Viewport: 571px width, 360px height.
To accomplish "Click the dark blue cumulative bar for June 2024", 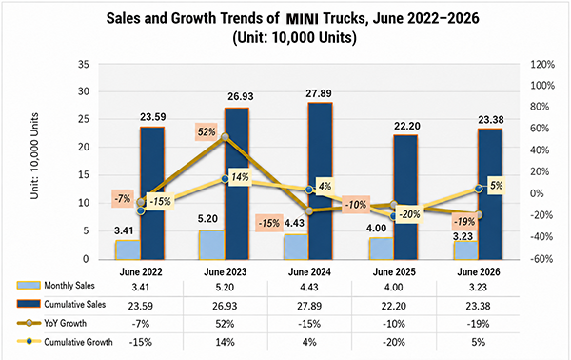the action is [321, 181].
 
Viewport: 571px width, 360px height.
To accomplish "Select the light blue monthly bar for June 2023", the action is [212, 245].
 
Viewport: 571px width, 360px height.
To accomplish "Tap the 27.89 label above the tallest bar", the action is [319, 93].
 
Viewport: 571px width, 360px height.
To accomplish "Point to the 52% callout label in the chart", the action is [207, 131].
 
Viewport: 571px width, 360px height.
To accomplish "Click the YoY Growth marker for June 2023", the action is [225, 137].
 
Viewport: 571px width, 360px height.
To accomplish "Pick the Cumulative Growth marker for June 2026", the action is [479, 189].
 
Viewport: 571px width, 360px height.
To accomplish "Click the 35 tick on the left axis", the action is [84, 65].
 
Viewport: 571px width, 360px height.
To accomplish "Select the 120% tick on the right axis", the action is [542, 65].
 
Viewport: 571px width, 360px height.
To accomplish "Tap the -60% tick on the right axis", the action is [541, 259].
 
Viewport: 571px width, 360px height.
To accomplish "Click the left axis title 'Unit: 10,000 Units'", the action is [34, 156].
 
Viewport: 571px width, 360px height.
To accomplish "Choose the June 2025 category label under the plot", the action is [394, 271].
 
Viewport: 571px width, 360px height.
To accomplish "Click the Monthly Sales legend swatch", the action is [29, 285].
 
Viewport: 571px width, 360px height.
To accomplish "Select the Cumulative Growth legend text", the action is [78, 342].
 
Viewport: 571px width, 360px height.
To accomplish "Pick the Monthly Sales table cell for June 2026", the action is [478, 287].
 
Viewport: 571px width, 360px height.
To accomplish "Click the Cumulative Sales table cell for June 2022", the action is [141, 306].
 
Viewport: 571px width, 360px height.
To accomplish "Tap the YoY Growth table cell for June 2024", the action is [309, 324].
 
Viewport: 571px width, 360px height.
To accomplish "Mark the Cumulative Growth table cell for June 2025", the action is [394, 343].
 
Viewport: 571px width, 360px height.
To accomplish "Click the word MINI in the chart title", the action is [303, 19].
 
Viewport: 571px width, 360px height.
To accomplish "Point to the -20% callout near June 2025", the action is [409, 214].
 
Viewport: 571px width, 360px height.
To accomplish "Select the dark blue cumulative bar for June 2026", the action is [490, 194].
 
